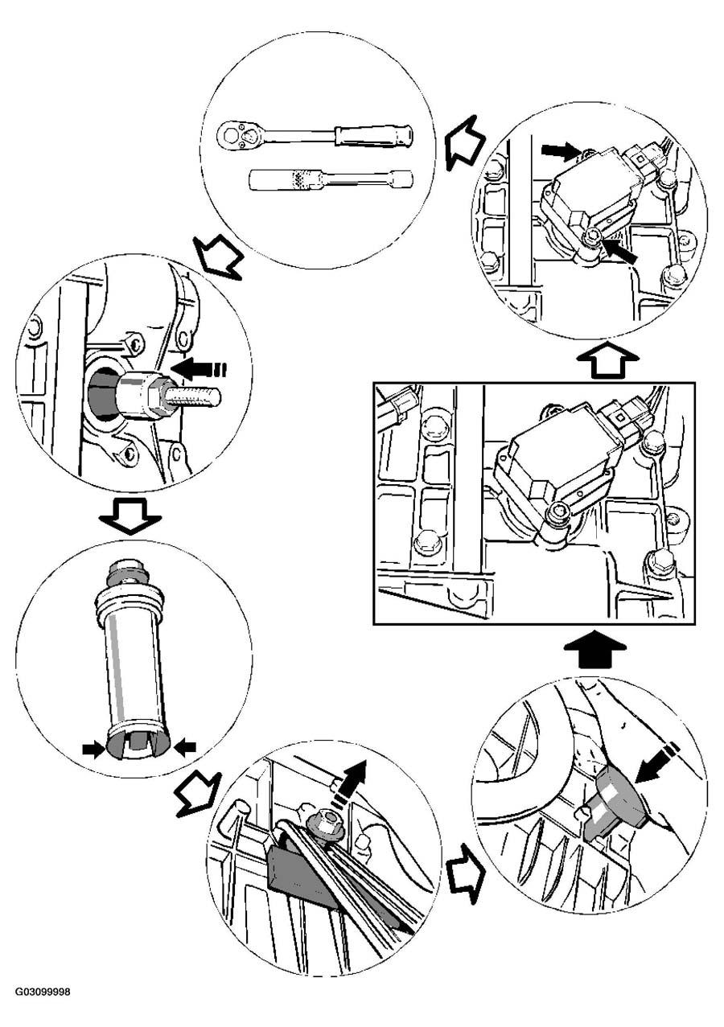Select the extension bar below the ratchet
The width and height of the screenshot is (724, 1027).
[330, 179]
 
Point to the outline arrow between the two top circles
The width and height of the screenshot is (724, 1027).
[464, 142]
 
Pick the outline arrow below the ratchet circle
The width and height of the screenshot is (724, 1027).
[218, 257]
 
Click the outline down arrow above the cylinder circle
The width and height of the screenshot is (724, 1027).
[130, 516]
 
